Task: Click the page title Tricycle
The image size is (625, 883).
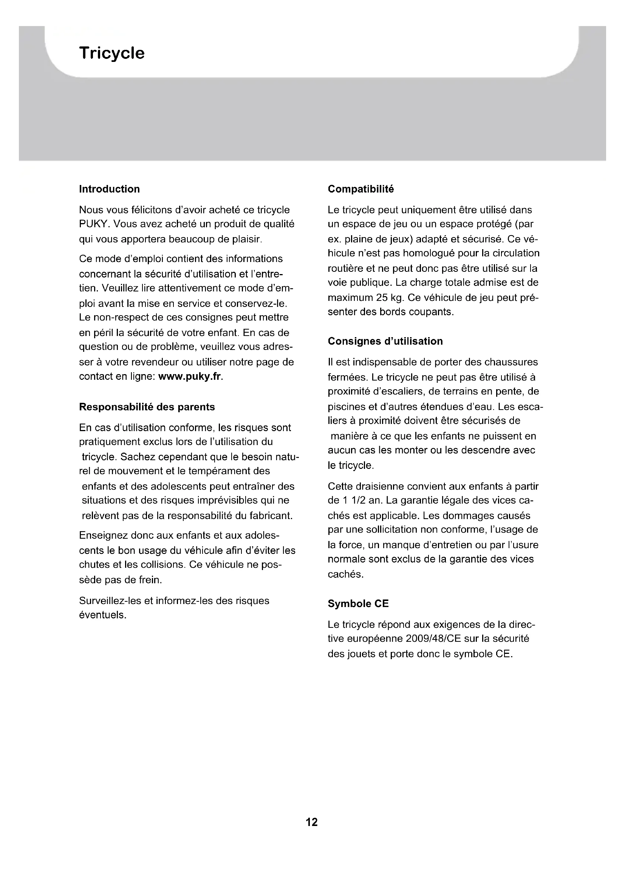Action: click(111, 53)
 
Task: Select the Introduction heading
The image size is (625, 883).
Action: click(109, 189)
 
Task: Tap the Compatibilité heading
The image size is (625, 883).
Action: click(360, 189)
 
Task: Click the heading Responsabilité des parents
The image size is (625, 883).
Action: click(147, 407)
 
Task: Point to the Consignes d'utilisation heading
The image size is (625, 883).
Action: click(385, 341)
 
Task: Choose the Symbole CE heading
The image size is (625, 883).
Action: click(358, 604)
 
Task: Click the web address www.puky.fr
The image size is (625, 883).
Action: click(190, 376)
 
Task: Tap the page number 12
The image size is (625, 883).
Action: click(312, 822)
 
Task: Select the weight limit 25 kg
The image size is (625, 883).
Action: click(389, 297)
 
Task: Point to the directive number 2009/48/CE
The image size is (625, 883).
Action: click(433, 639)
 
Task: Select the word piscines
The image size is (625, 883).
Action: click(345, 407)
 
